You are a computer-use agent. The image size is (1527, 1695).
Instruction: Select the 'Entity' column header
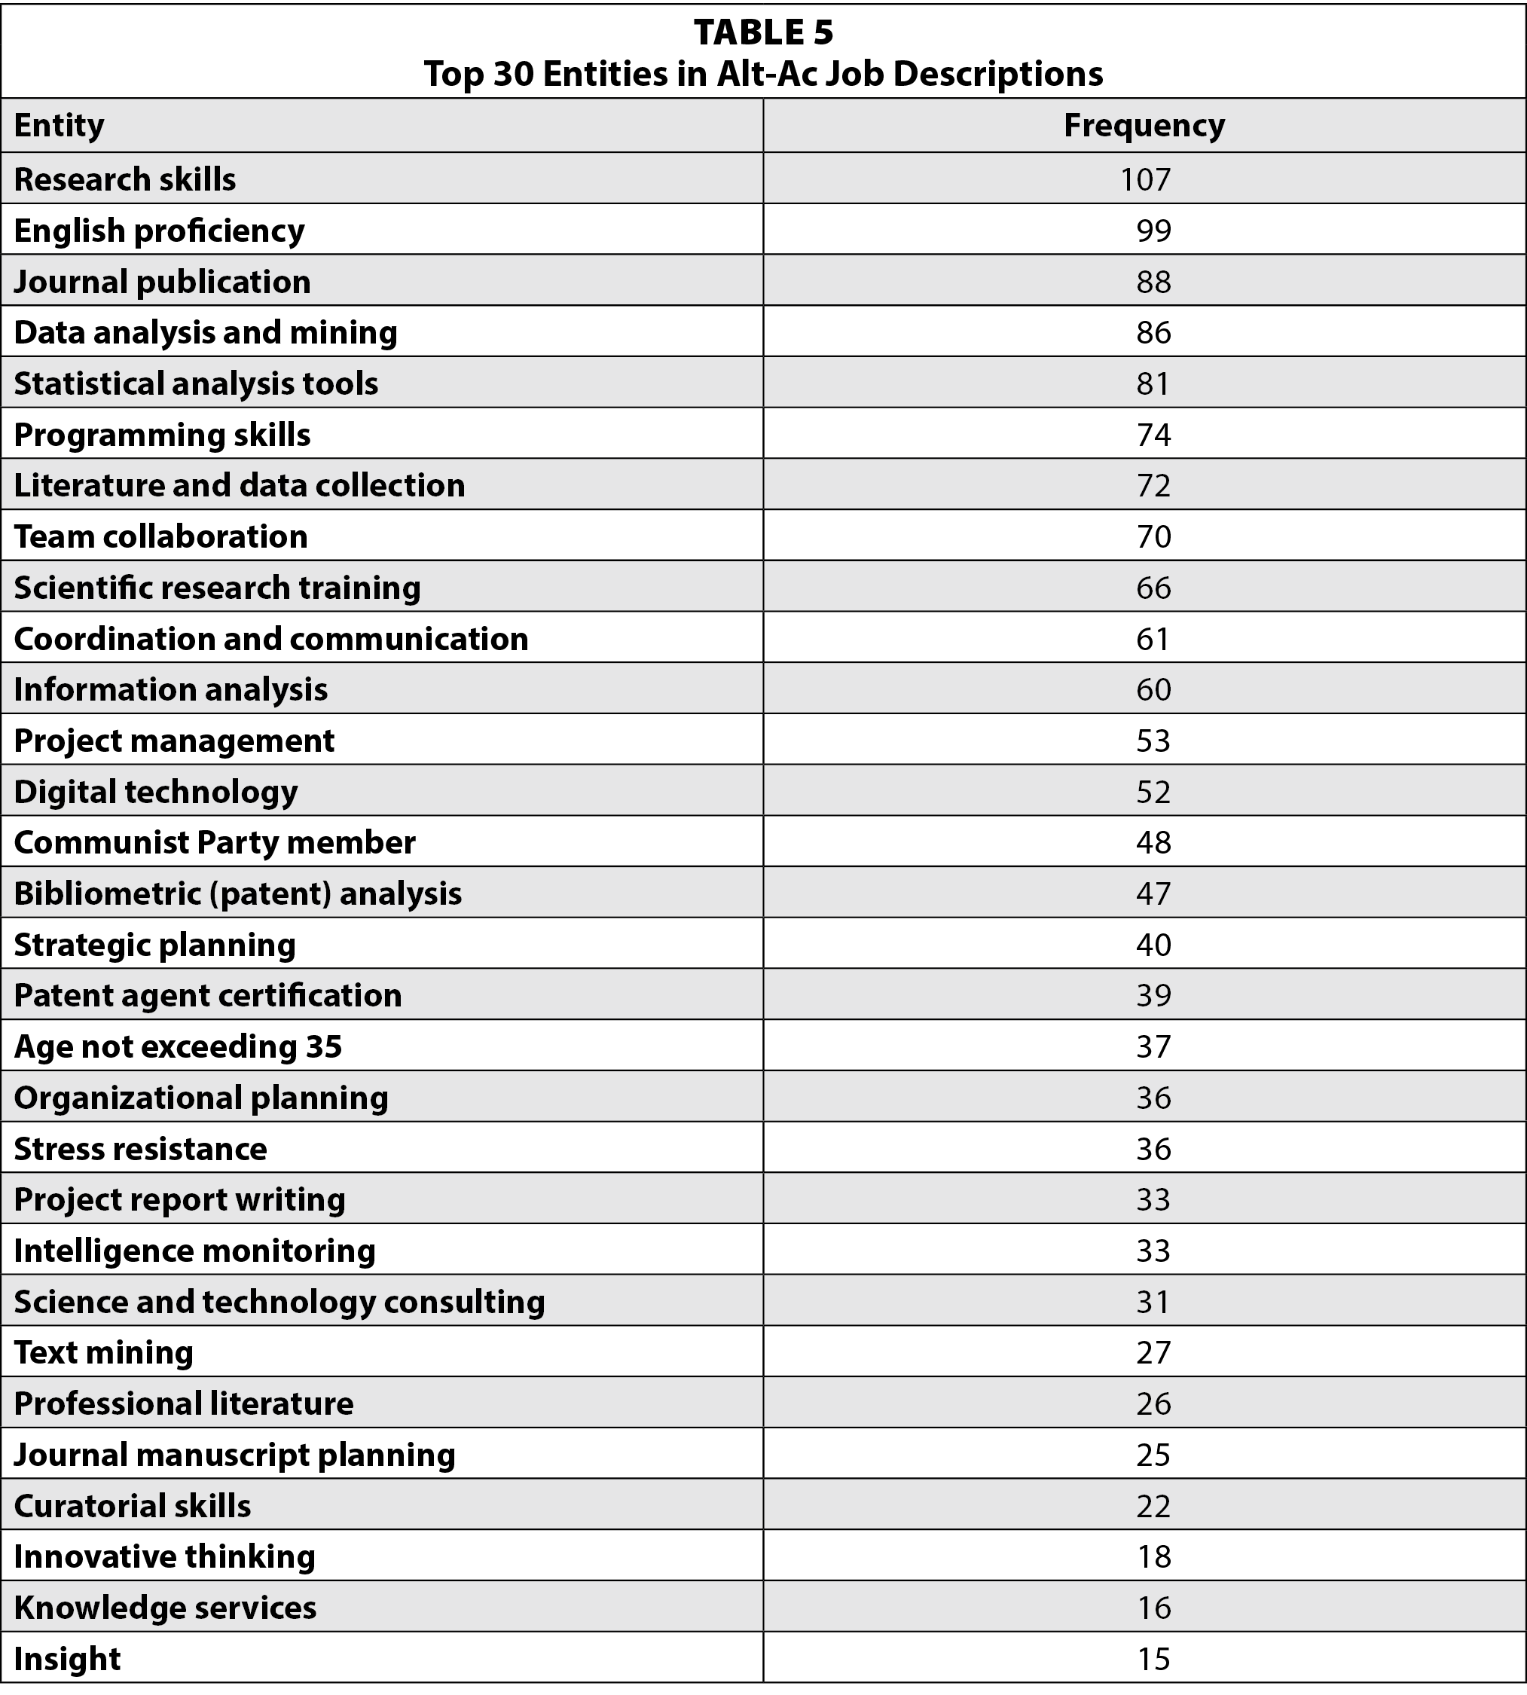point(60,125)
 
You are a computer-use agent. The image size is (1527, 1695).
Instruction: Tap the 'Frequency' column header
point(1144,125)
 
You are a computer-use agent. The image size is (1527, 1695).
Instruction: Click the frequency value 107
point(1144,179)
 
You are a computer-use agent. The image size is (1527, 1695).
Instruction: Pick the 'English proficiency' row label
point(160,231)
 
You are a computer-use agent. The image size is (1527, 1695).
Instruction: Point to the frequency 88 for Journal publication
point(1153,282)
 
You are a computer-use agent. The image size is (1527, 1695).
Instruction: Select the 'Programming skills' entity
point(162,435)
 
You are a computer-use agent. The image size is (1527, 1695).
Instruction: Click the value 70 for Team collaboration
point(1153,537)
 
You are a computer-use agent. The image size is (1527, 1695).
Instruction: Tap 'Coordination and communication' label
point(271,640)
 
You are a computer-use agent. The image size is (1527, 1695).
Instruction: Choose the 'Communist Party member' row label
point(215,842)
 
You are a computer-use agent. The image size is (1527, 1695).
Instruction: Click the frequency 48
point(1153,842)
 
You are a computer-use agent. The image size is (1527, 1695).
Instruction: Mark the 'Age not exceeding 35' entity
point(178,1046)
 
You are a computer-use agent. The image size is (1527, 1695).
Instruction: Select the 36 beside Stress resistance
point(1153,1149)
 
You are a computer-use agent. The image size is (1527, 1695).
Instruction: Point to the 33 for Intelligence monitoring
point(1153,1251)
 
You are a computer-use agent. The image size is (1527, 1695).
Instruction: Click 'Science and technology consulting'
point(279,1303)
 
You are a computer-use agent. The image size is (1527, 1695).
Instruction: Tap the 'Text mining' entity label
point(103,1353)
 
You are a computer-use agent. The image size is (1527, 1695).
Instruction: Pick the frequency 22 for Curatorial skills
point(1153,1506)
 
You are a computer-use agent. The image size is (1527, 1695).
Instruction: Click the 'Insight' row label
point(67,1659)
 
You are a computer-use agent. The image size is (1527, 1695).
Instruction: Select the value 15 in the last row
point(1153,1659)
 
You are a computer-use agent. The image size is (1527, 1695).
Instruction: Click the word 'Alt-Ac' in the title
point(765,74)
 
